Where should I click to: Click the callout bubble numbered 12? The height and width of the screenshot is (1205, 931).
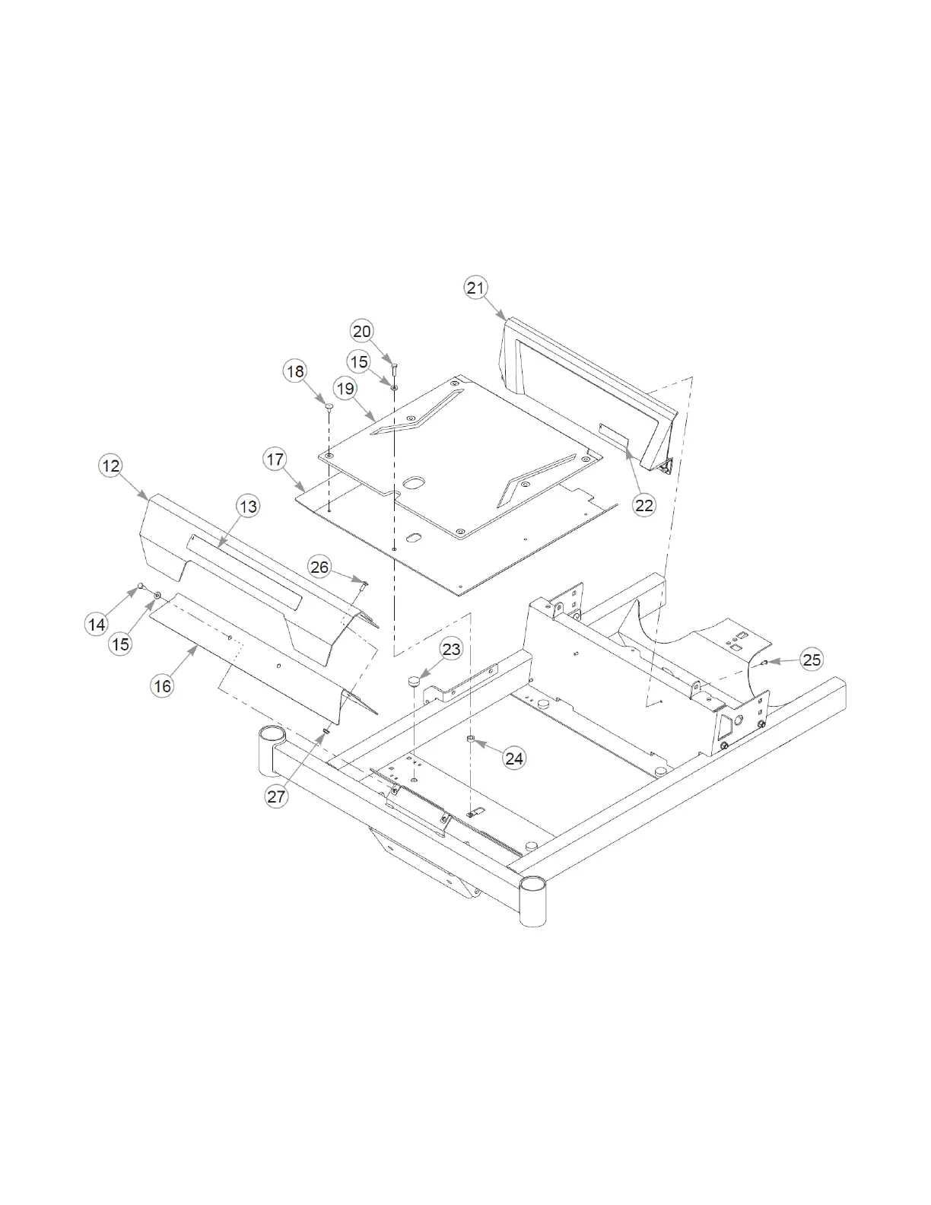(111, 465)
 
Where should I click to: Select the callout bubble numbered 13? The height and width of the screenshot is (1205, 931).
(249, 506)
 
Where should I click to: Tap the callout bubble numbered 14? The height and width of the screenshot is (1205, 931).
(97, 625)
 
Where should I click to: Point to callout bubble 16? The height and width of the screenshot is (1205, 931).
(163, 685)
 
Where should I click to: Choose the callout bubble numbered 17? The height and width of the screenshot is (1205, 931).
(275, 459)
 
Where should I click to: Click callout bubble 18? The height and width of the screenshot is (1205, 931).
(294, 371)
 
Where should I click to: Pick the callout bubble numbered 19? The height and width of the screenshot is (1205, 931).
(345, 389)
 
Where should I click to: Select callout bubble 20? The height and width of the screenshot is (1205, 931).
(361, 331)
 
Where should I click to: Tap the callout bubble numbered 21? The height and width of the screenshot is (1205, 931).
(475, 288)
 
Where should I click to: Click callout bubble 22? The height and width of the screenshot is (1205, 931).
(643, 504)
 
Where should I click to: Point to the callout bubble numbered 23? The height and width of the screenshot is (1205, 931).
(451, 649)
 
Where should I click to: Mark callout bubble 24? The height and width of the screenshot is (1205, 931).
(514, 758)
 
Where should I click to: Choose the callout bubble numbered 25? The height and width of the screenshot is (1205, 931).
(812, 659)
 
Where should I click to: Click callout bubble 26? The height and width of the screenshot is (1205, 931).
(319, 567)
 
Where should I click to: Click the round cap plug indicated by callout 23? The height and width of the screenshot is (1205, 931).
(415, 681)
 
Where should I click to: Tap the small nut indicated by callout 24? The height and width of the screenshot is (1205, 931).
(471, 739)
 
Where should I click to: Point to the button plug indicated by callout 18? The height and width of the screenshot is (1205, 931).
(329, 408)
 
